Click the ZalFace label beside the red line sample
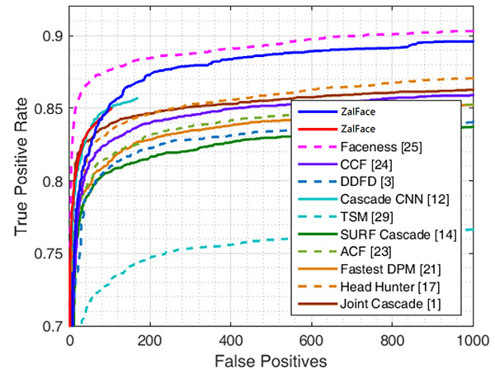357,129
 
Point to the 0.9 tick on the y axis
50,36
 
